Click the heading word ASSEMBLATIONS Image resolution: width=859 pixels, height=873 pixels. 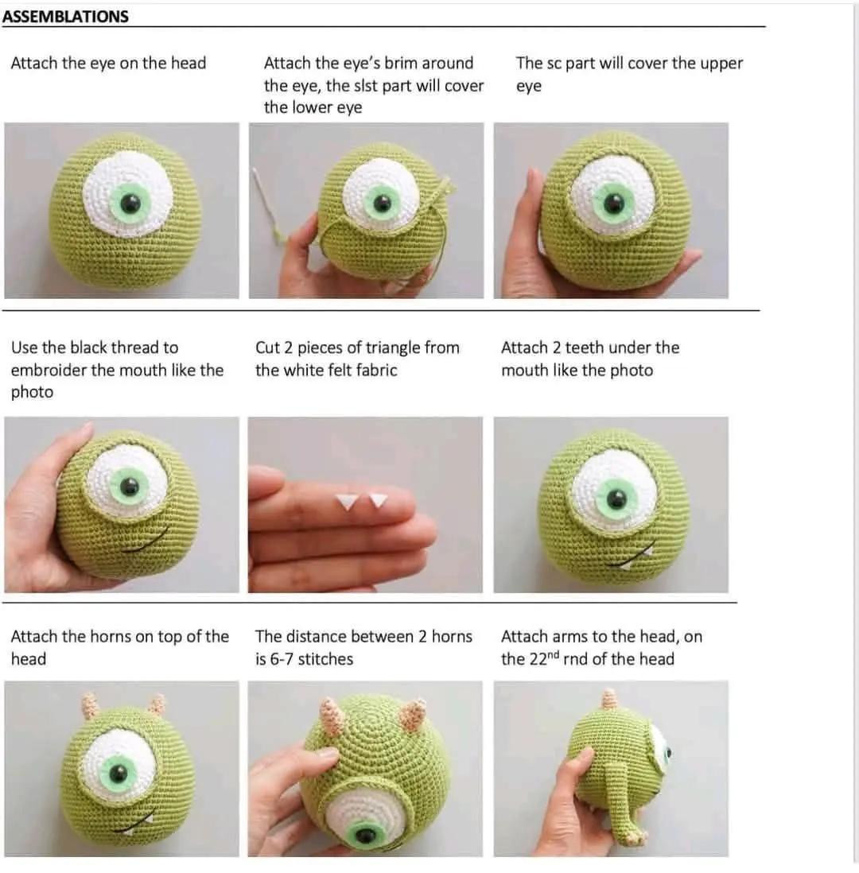click(65, 16)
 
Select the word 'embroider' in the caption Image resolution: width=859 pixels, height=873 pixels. click(49, 371)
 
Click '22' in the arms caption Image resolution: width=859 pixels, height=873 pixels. click(538, 659)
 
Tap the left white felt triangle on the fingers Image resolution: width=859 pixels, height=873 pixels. click(346, 502)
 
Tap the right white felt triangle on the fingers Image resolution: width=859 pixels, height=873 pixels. click(379, 500)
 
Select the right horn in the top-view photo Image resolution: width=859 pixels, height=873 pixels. click(413, 713)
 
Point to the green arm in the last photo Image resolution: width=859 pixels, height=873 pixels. click(617, 795)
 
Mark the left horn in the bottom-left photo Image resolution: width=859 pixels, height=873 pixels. click(91, 704)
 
